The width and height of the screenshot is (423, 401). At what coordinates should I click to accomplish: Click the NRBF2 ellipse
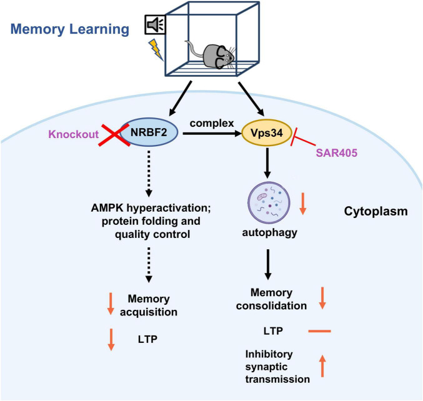[x=149, y=132]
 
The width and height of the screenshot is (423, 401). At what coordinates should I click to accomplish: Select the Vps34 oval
[x=267, y=132]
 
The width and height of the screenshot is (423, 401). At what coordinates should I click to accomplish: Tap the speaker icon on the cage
[x=155, y=24]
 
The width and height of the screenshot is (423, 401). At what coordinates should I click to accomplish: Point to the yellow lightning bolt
[x=156, y=49]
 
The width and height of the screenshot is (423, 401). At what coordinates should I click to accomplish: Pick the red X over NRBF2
[x=114, y=135]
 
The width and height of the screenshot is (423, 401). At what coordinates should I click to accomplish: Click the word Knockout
[x=73, y=134]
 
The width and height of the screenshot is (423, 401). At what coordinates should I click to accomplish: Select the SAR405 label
[x=336, y=153]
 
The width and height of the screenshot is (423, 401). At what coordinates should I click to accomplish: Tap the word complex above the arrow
[x=212, y=123]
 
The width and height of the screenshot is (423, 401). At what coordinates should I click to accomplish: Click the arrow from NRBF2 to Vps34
[x=212, y=133]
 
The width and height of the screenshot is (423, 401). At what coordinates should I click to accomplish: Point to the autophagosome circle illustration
[x=269, y=202]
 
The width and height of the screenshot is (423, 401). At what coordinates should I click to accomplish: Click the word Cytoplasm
[x=376, y=211]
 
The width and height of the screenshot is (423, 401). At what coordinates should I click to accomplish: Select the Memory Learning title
[x=70, y=29]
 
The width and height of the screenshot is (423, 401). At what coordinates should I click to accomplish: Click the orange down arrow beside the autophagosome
[x=302, y=204]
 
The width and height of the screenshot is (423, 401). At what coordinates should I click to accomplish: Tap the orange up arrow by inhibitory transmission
[x=322, y=365]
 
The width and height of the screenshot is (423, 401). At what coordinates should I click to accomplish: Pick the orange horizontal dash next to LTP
[x=319, y=331]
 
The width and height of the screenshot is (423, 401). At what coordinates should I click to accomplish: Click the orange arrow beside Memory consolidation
[x=322, y=298]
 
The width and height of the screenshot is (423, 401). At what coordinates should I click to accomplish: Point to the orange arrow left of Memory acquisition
[x=111, y=304]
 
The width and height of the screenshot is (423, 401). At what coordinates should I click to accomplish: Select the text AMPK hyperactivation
[x=151, y=208]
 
